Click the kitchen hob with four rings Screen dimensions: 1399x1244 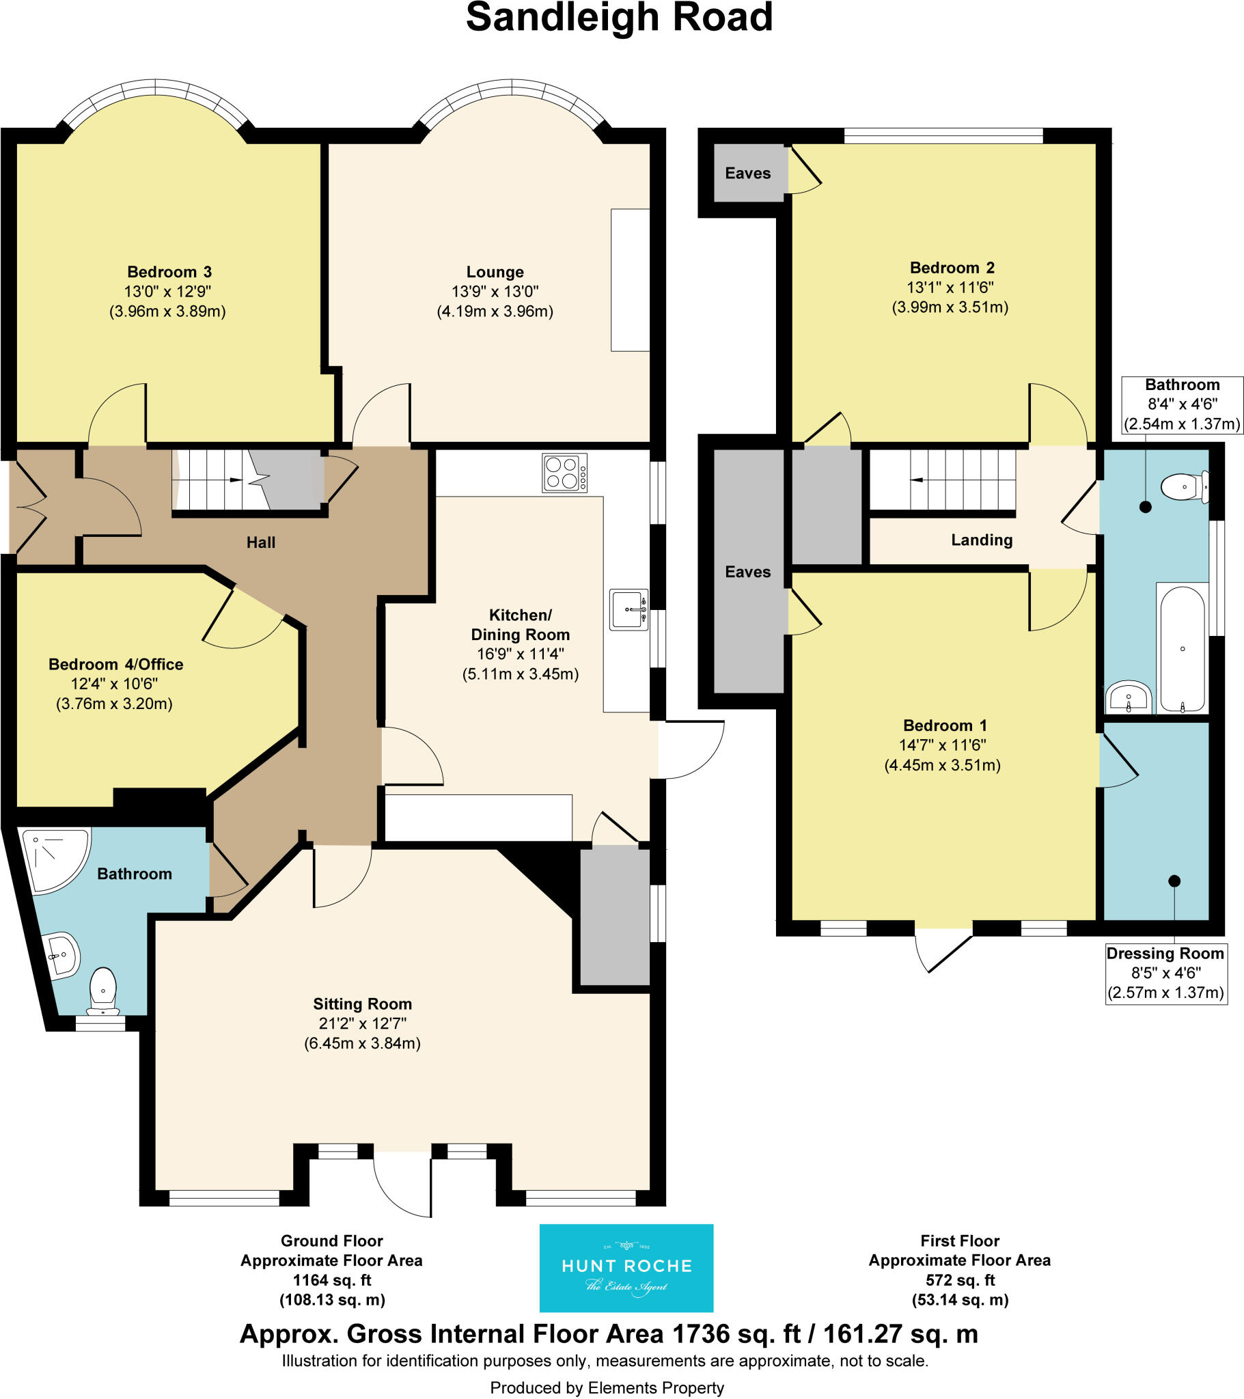(564, 472)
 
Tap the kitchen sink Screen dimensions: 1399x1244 (628, 609)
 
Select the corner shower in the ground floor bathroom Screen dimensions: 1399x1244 (55, 859)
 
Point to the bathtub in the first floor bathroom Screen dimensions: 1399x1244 (1183, 648)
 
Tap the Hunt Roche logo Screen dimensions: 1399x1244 (626, 1269)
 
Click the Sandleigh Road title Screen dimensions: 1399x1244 (619, 18)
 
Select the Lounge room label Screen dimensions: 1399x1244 (495, 272)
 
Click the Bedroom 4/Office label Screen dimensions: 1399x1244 (115, 664)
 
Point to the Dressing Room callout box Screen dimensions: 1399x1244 (1165, 973)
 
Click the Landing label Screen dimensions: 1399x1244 (981, 540)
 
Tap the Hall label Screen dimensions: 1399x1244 (261, 543)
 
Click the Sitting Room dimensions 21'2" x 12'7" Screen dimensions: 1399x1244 (362, 1023)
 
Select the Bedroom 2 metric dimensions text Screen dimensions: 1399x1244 (950, 307)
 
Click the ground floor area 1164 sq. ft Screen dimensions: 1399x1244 (331, 1280)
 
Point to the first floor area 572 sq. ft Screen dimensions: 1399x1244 (959, 1280)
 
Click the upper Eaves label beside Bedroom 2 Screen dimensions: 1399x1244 (747, 173)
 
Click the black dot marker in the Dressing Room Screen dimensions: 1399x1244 (1174, 881)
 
